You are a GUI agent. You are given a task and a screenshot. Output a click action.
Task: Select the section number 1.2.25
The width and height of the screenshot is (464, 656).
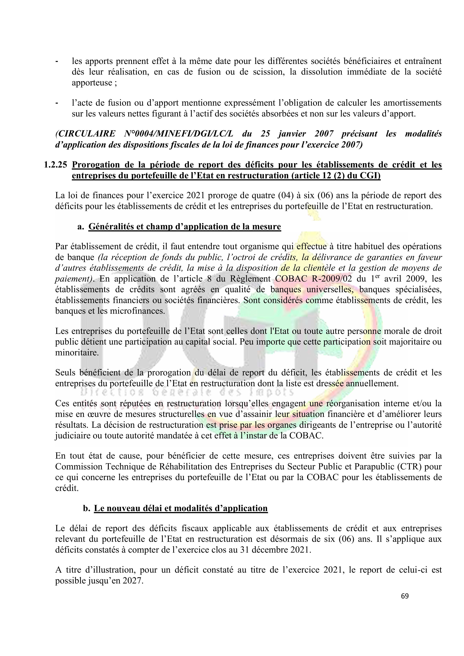click(x=56, y=165)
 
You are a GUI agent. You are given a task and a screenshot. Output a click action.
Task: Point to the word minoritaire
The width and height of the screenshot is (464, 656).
click(x=77, y=353)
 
